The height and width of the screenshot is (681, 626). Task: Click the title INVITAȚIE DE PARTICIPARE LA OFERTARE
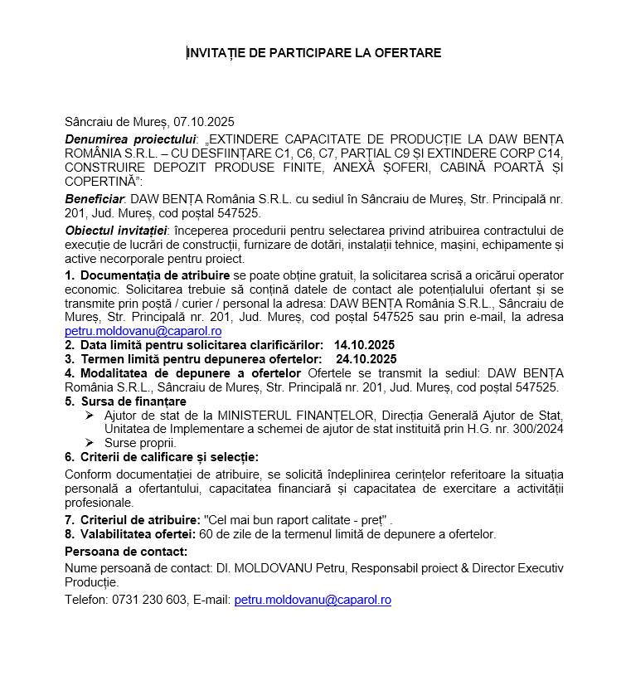[x=313, y=53]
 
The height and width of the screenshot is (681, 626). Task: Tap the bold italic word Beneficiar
[x=94, y=199]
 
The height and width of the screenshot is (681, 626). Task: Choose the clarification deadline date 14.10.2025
[x=364, y=344]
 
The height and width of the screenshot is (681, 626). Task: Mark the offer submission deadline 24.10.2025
[x=366, y=359]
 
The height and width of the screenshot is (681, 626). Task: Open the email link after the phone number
[x=313, y=599]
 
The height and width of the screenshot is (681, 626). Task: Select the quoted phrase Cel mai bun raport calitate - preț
[x=297, y=519]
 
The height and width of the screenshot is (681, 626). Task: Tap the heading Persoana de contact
[x=126, y=552]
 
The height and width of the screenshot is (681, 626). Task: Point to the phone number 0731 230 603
[x=149, y=599]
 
